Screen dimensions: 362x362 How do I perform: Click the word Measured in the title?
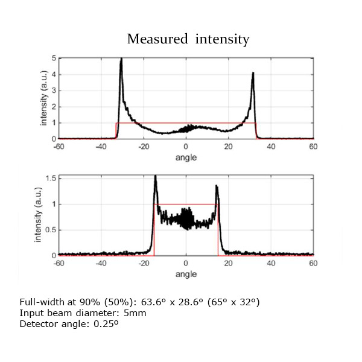point(158,40)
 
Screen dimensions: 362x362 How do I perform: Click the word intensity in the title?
point(222,40)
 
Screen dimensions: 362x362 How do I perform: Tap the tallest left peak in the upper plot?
point(121,60)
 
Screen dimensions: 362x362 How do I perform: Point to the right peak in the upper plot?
point(253,74)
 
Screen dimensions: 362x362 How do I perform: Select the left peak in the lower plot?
point(155,177)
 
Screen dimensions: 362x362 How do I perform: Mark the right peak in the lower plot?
point(217,186)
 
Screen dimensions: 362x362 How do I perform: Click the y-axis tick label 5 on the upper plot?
point(54,59)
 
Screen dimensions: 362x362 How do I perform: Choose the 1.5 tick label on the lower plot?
point(52,178)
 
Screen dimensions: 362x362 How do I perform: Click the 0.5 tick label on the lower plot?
point(52,230)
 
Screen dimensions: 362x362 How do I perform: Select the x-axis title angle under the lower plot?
point(186,273)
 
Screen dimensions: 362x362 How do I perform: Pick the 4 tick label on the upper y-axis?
point(54,74)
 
